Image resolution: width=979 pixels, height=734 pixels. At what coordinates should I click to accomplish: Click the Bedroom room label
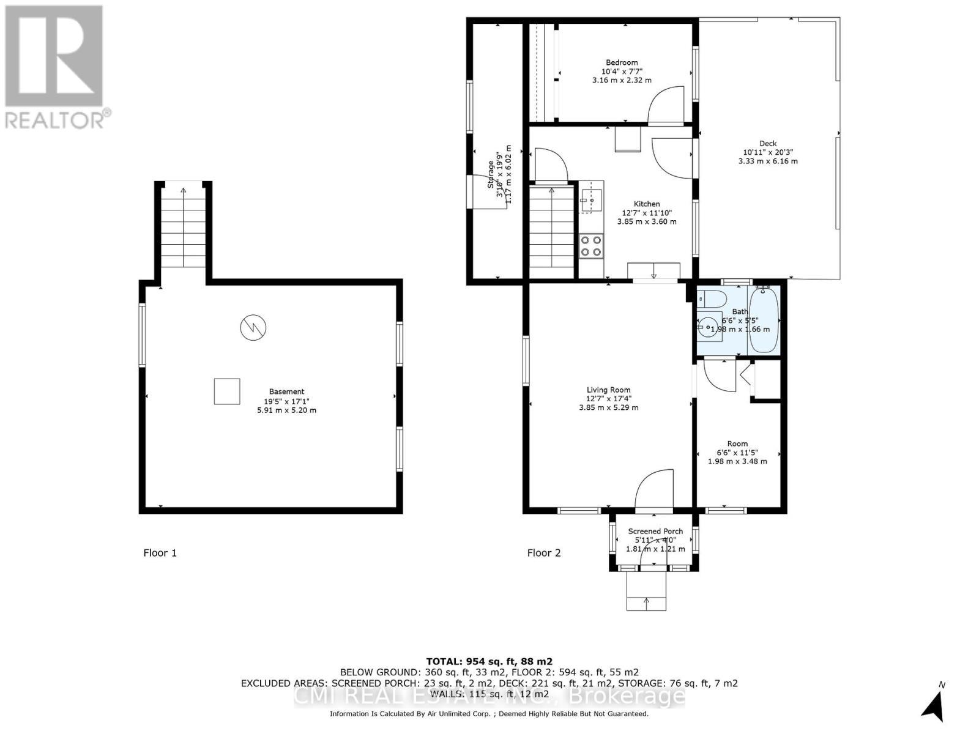[622, 62]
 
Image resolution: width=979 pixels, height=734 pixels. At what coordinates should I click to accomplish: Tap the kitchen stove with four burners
[591, 245]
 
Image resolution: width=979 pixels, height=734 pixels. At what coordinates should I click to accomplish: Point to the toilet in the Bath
[712, 299]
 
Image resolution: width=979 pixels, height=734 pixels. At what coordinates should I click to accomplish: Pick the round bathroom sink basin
[709, 328]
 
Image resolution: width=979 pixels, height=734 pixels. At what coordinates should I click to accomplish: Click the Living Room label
[608, 390]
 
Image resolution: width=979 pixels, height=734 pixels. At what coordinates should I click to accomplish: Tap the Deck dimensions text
[768, 157]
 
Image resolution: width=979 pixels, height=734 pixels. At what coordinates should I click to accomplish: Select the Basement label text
[286, 391]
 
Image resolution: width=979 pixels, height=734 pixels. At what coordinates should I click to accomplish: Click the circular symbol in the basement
[253, 327]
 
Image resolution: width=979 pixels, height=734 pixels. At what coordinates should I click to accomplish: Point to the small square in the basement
[227, 391]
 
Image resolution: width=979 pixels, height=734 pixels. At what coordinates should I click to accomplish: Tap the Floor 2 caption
[544, 553]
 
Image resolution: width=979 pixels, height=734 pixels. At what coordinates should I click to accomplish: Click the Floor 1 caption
[160, 553]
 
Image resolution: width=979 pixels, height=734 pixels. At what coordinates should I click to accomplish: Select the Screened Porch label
[655, 531]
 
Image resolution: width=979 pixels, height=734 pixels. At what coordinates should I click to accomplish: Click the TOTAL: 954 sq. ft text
[489, 661]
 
